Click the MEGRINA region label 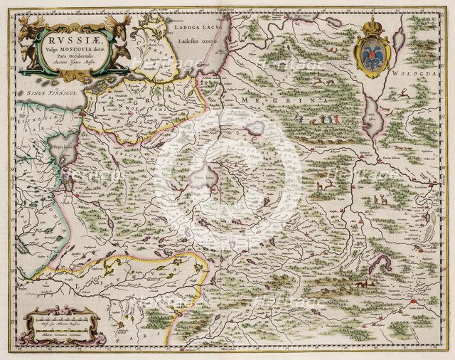[x=284, y=102]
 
